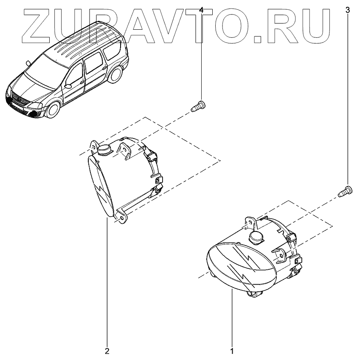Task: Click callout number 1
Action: coord(232,351)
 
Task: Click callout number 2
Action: coord(107,351)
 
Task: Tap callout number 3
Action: coord(348,10)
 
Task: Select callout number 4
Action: coord(201,10)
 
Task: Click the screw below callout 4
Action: coord(198,105)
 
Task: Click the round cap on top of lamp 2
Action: coord(104,149)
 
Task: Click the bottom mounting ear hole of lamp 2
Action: coord(122,219)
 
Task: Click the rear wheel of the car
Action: coord(115,75)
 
